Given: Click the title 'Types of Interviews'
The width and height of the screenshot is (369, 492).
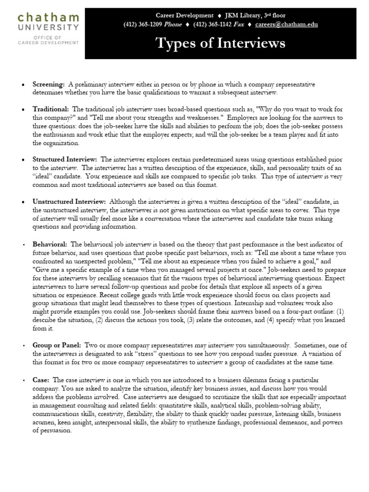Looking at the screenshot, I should (x=221, y=44).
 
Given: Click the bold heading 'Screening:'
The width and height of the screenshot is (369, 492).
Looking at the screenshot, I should (x=49, y=84).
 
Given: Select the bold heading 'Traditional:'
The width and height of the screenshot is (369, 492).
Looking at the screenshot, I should (x=50, y=109).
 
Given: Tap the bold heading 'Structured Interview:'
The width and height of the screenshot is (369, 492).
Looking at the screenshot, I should (x=65, y=159).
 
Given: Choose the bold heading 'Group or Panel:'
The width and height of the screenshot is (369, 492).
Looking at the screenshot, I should (x=57, y=345).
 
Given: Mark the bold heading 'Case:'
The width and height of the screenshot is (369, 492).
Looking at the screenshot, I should (x=41, y=380).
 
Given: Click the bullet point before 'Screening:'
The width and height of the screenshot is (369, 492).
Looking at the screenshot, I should (x=23, y=85).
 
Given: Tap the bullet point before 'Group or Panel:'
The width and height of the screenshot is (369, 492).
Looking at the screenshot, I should (x=23, y=346).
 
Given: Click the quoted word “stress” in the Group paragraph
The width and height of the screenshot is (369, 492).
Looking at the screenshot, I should (x=145, y=354).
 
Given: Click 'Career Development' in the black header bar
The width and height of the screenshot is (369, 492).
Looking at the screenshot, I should (x=184, y=15).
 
